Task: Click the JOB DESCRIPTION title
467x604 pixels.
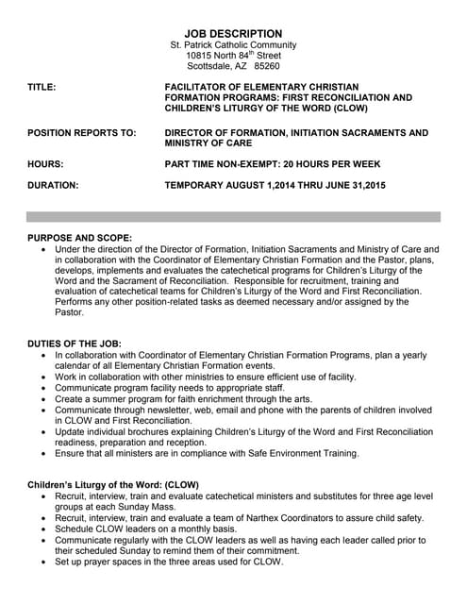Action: pos(233,33)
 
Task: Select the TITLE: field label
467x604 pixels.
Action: pos(42,87)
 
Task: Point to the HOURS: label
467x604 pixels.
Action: pos(46,164)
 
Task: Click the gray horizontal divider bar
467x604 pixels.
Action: pos(233,216)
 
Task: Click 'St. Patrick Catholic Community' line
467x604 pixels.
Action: pos(233,44)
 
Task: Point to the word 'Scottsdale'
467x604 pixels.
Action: pos(211,67)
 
